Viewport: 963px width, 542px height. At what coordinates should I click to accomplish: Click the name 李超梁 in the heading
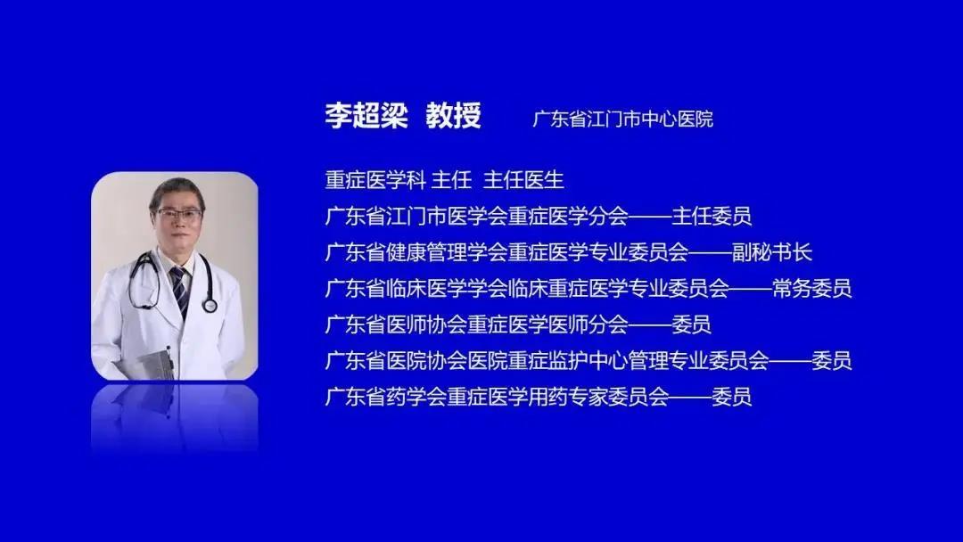coord(366,115)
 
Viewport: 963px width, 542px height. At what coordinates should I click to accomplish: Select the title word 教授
coord(453,115)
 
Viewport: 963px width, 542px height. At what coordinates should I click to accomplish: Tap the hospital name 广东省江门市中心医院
coord(622,119)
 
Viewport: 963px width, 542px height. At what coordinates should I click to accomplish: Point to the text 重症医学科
coord(375,180)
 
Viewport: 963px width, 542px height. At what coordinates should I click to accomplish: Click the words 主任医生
coord(523,180)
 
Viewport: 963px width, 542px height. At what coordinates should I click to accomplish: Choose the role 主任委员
coord(712,216)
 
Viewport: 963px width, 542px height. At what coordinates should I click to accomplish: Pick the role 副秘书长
coord(772,252)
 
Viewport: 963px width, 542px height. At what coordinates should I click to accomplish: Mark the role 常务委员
coord(812,289)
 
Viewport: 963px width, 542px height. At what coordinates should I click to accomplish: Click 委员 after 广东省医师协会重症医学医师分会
coord(691,324)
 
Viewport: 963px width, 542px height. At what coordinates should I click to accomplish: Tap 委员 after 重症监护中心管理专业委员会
coord(832,361)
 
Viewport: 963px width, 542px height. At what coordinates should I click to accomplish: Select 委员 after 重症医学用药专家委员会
coord(731,397)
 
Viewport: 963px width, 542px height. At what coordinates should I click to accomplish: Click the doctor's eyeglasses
coord(178,214)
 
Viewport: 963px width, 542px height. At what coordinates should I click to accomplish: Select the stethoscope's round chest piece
coord(210,305)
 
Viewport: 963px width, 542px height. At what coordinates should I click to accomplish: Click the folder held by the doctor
coord(156,364)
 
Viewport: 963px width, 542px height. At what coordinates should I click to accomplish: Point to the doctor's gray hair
coord(177,190)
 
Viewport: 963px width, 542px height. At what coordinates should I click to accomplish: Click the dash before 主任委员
coord(650,217)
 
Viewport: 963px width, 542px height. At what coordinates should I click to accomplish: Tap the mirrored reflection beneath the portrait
coord(175,417)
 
